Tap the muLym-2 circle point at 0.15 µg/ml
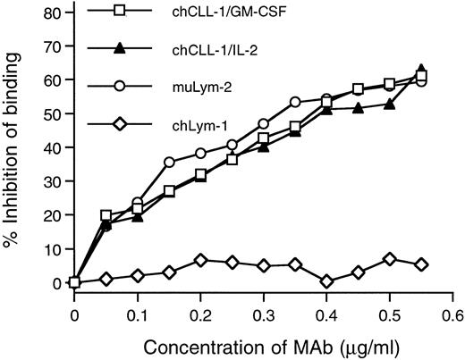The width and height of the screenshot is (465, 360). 169,163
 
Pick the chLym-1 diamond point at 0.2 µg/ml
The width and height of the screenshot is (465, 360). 200,260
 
